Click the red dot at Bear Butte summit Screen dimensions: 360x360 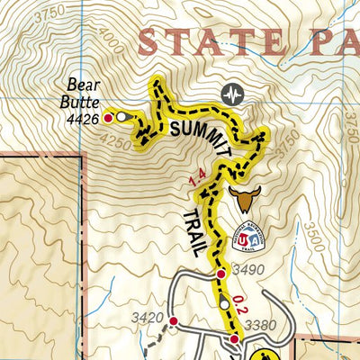point(109,117)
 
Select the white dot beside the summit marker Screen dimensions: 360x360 point(121,117)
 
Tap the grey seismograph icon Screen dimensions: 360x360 point(232,94)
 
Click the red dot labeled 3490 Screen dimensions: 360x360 point(220,273)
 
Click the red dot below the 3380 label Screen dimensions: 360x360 point(234,338)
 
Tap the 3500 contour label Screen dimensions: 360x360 point(313,236)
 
